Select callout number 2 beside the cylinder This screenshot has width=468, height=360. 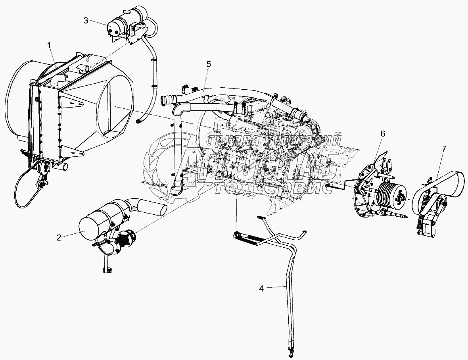point(59,238)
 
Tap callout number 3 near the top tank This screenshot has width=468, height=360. point(86,20)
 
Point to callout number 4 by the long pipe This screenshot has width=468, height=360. point(261,289)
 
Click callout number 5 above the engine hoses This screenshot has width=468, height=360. point(209,64)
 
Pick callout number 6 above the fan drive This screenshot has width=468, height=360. point(382,134)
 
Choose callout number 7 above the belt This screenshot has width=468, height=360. point(444,149)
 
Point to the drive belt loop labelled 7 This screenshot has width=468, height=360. point(456,187)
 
